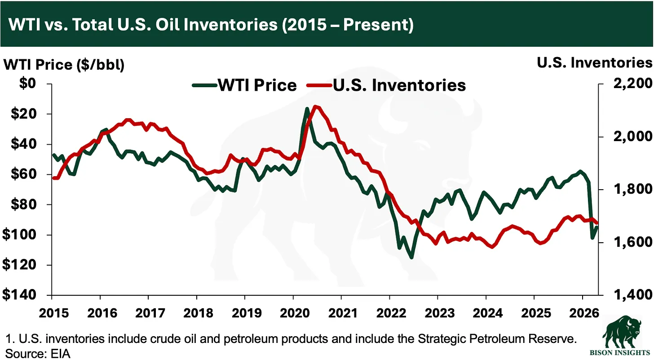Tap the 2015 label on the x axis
coord(52,312)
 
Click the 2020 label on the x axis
coord(293,312)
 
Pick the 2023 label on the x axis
coord(437,312)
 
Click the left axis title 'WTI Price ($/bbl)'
coord(64,64)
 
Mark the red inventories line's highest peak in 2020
coord(315,107)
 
